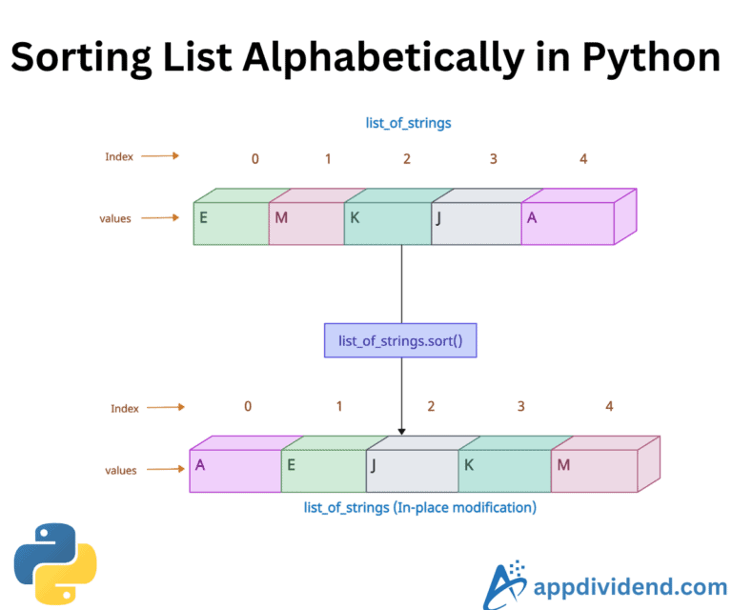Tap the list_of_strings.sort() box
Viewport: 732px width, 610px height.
coord(400,340)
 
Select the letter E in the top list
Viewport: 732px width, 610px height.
coord(203,217)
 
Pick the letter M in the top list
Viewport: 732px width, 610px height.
coord(281,217)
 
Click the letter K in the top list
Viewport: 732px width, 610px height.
coord(355,217)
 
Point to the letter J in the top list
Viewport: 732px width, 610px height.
coord(439,217)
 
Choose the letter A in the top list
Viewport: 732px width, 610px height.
coord(532,217)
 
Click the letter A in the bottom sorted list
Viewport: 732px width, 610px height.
coord(200,465)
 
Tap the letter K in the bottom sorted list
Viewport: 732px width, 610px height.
coord(468,465)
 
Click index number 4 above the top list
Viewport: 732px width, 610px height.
coord(583,158)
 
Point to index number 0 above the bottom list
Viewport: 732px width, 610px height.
coord(248,406)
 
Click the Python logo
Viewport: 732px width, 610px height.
coord(55,562)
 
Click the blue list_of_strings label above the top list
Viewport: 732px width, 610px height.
coord(406,123)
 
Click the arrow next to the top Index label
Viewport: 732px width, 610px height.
coord(163,155)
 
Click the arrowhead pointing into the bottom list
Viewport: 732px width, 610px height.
coord(401,430)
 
